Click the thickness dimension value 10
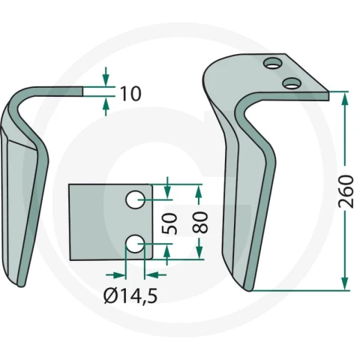[130, 94]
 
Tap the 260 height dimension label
[346, 192]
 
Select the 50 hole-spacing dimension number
[169, 223]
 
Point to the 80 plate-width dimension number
[200, 222]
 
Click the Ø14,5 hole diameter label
[130, 295]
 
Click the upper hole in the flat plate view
[135, 199]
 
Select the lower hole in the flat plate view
[135, 243]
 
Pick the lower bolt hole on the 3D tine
[292, 83]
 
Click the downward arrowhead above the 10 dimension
[106, 80]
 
